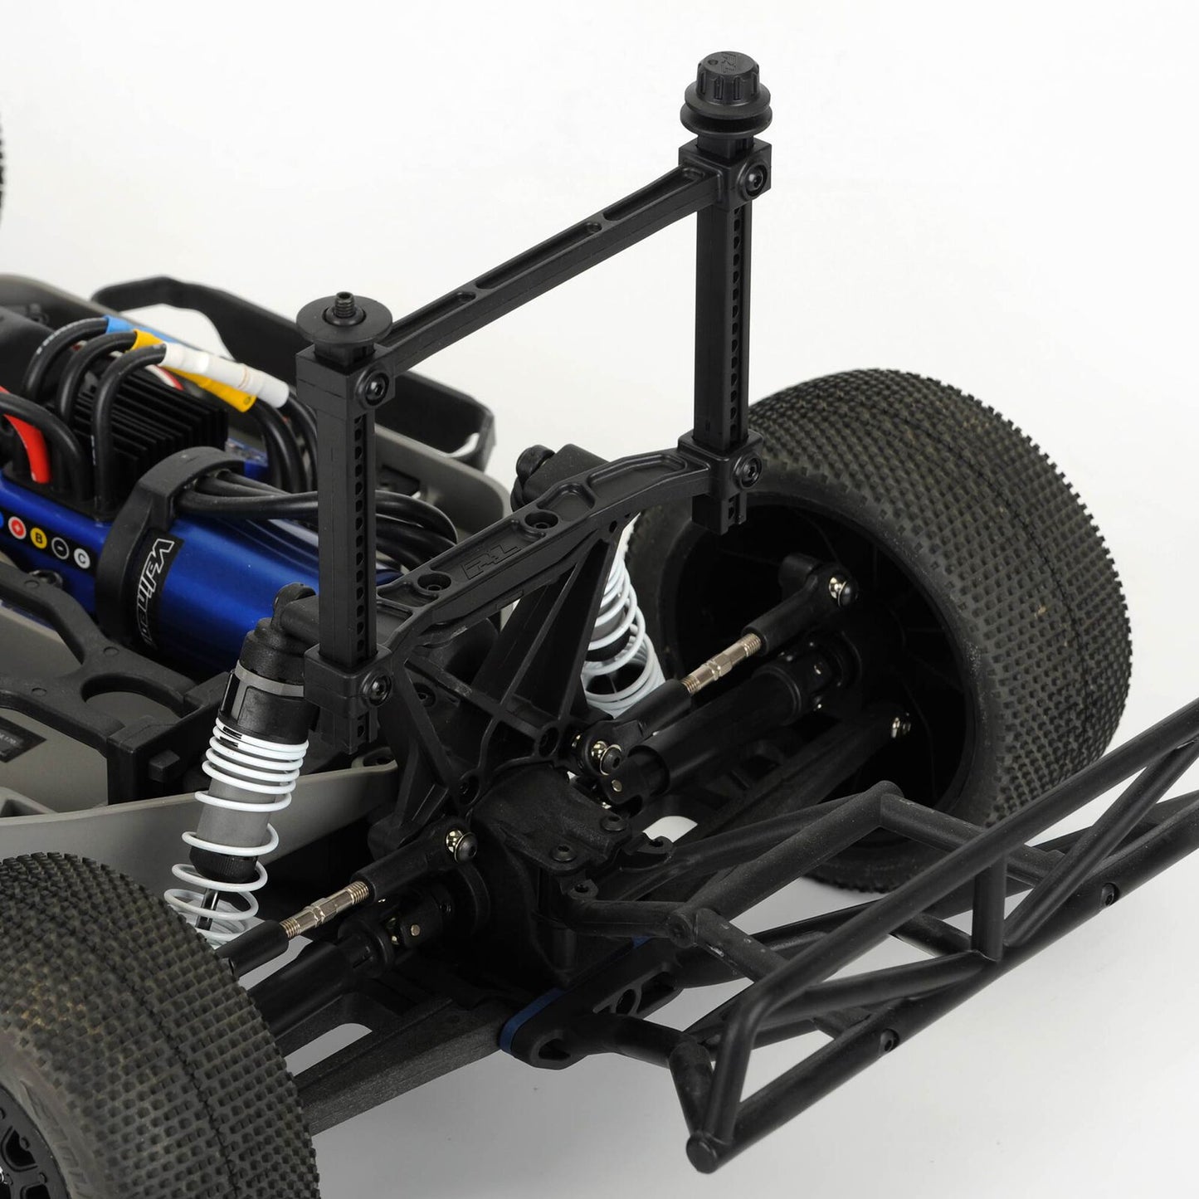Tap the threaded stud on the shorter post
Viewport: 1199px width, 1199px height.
pos(343,301)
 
